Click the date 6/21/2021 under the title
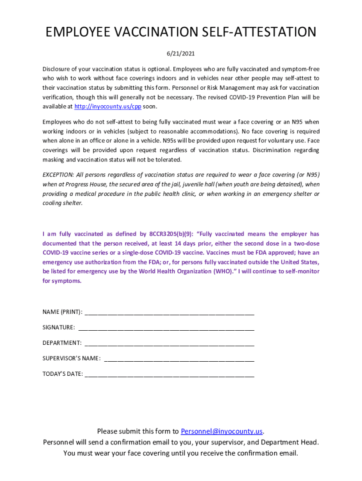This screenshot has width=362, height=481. click(x=181, y=53)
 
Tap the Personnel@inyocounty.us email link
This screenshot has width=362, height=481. click(x=221, y=431)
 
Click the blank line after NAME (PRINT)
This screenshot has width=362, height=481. click(x=169, y=312)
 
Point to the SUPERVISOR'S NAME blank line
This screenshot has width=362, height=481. click(x=179, y=359)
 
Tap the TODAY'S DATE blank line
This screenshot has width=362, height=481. click(x=169, y=374)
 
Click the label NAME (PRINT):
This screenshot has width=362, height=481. click(x=63, y=312)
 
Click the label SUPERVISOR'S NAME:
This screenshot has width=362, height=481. click(x=71, y=358)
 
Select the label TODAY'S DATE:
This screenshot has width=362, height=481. click(x=63, y=374)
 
